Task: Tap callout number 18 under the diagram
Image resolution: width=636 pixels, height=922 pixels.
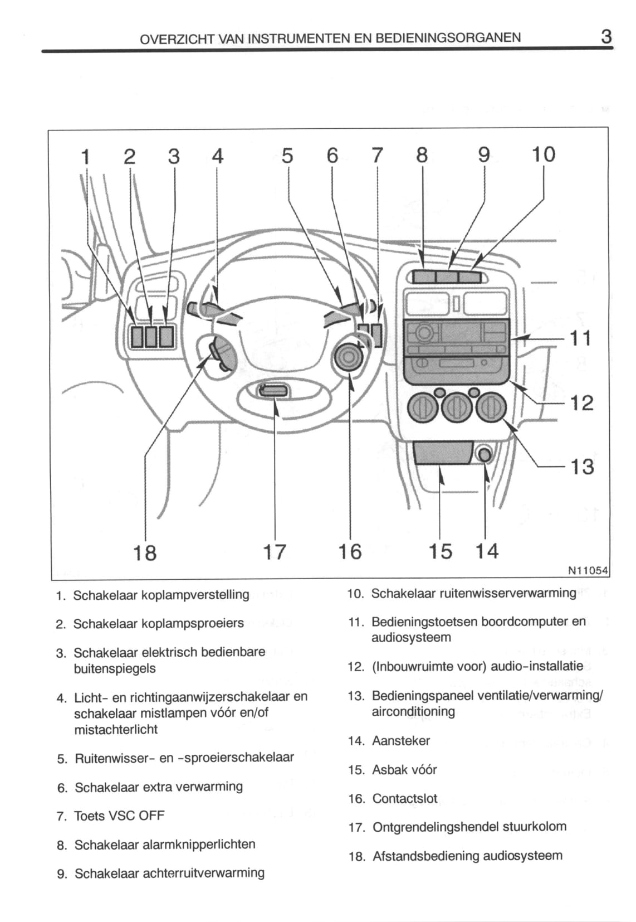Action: click(145, 552)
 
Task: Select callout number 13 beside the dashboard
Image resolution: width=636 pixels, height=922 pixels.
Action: click(582, 467)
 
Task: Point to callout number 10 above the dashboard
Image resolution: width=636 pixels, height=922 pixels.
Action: click(543, 154)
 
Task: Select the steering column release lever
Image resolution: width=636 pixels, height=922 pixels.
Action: click(274, 390)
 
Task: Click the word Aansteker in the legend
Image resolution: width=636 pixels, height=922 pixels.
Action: click(401, 741)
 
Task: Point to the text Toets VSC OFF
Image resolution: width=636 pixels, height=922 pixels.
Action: click(119, 816)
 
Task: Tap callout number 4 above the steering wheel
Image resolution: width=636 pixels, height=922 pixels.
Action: click(217, 156)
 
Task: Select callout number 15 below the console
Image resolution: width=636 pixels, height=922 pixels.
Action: click(441, 551)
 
